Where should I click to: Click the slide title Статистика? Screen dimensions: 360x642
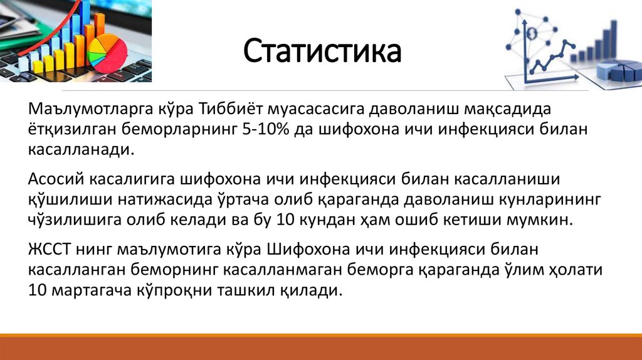pos(322,51)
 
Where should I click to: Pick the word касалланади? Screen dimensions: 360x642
pos(81,151)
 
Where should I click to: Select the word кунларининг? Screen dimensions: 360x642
pos(543,199)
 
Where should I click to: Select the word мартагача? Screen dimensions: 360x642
pos(90,291)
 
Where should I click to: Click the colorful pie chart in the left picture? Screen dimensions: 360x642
pos(106,52)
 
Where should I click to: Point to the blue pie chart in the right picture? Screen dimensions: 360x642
pos(621,70)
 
